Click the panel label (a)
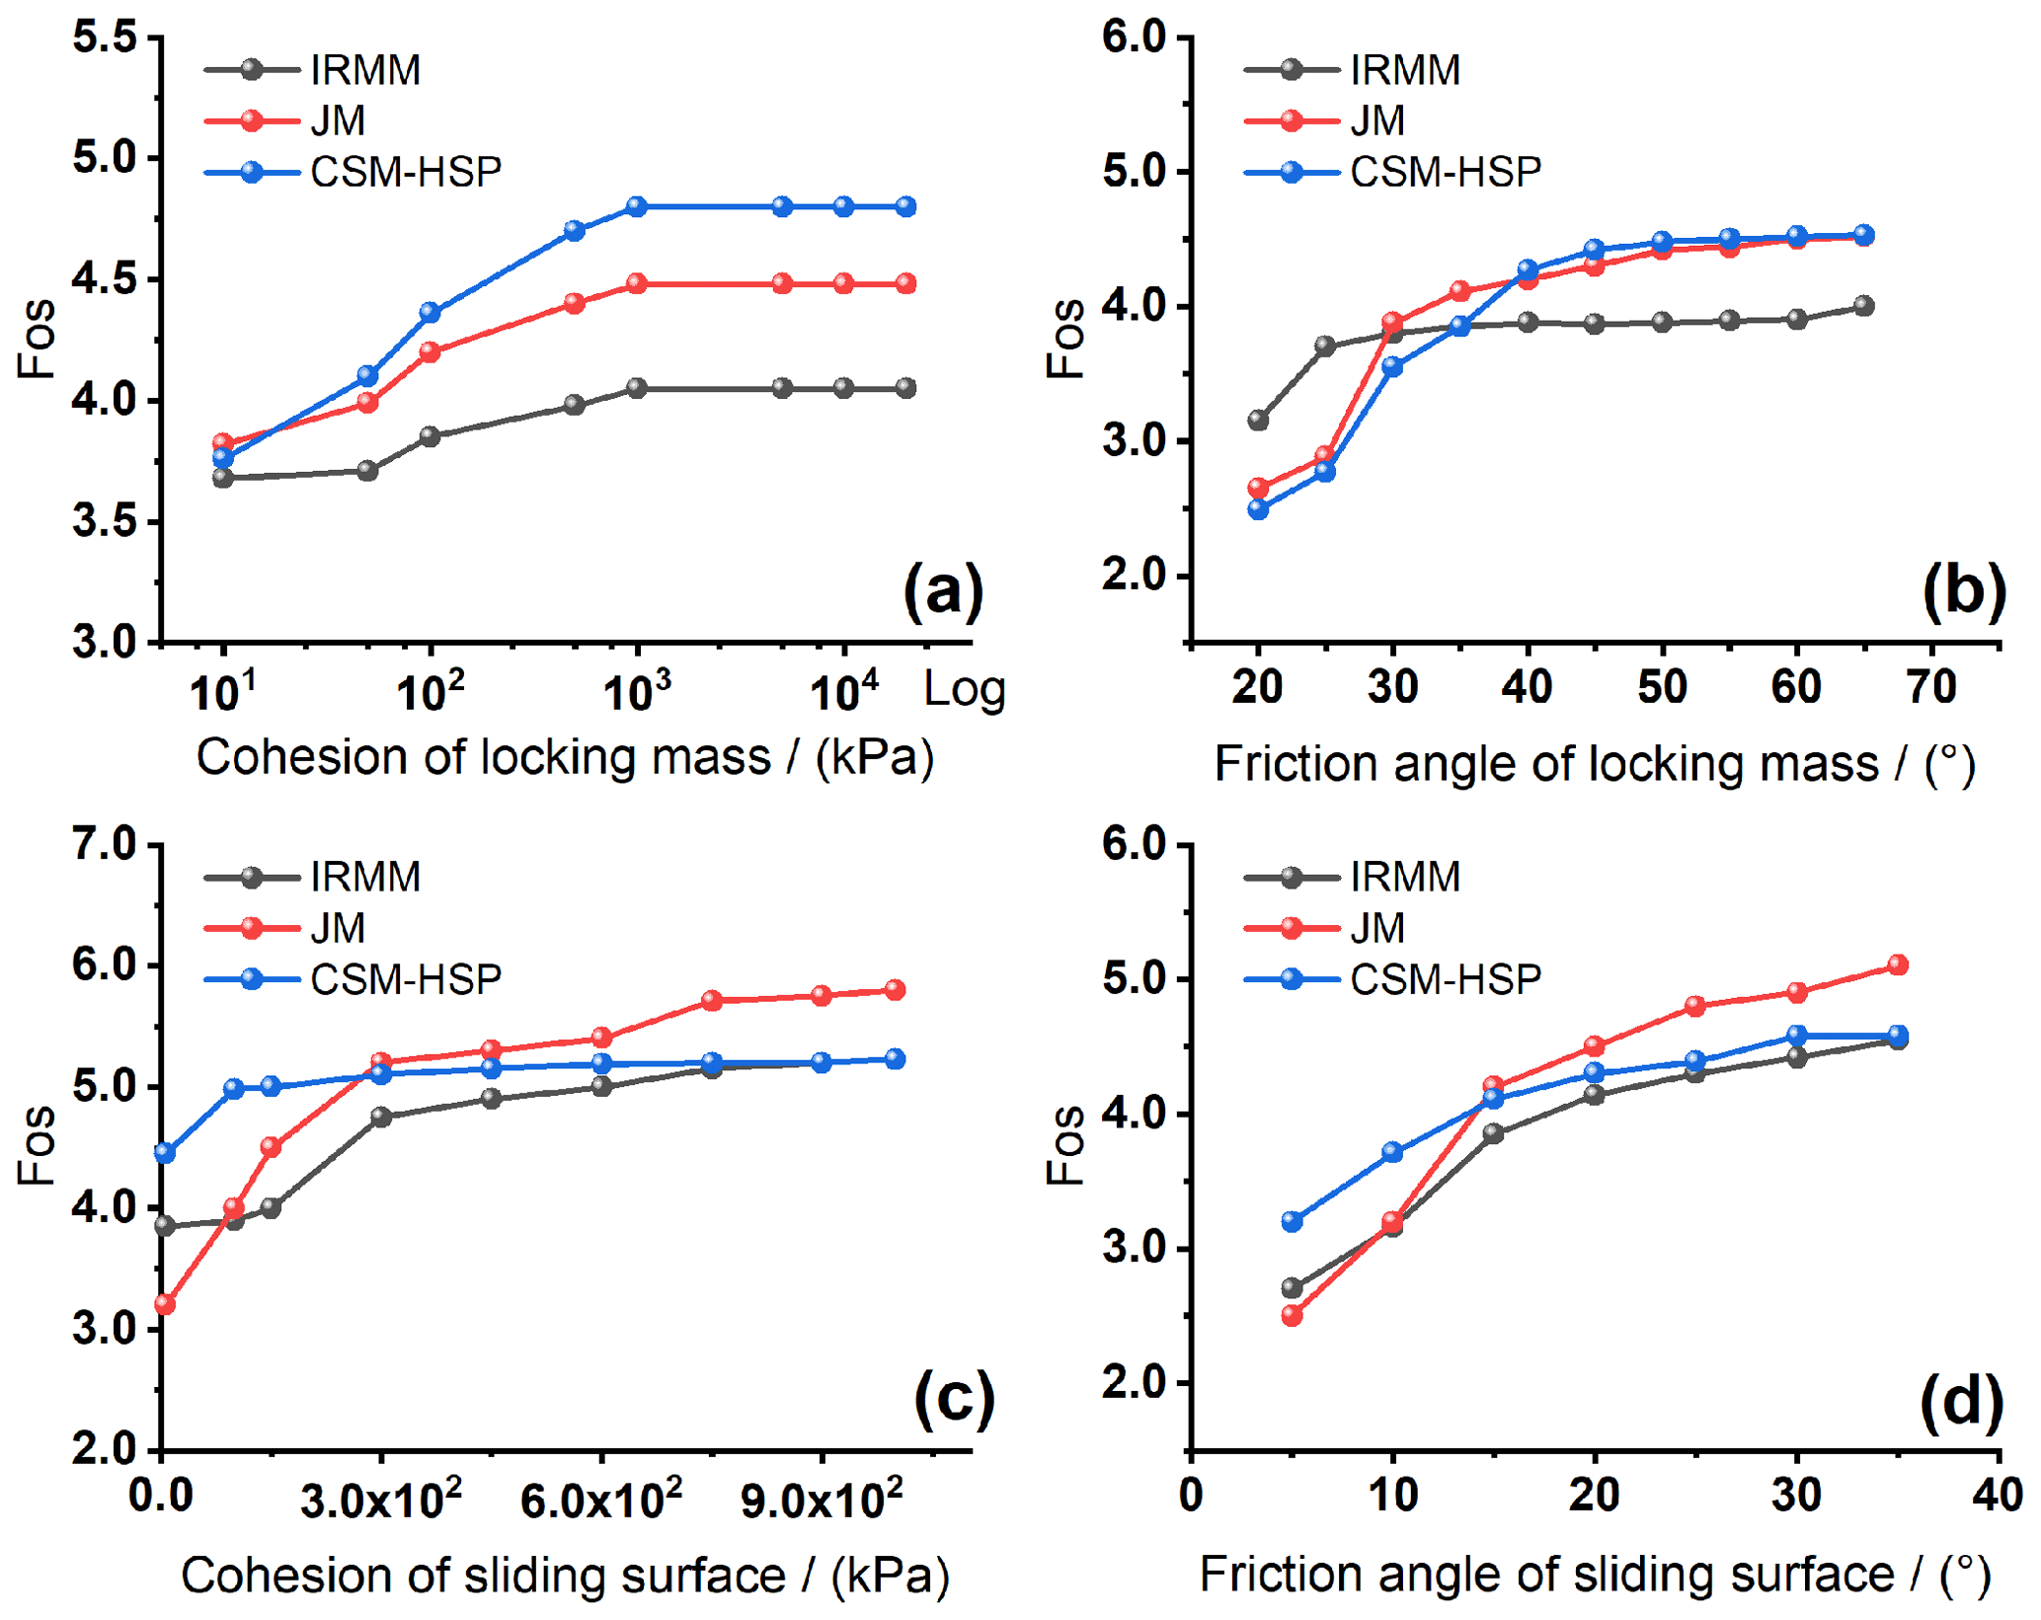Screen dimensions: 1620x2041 click(x=943, y=591)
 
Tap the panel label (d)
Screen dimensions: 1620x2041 click(x=1961, y=1402)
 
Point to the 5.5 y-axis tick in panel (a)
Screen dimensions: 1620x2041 click(x=105, y=39)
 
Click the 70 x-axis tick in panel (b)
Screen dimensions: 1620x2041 click(x=1931, y=687)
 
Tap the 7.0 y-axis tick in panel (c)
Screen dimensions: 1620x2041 click(x=105, y=845)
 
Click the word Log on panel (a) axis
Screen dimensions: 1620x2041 click(x=964, y=690)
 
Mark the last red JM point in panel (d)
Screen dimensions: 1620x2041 click(x=1897, y=965)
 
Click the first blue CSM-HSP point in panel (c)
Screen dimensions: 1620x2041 click(x=165, y=1153)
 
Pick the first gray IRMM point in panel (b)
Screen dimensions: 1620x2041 click(x=1258, y=421)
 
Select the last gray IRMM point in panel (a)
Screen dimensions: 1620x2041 click(x=905, y=389)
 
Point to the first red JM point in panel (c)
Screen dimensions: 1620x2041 click(x=165, y=1305)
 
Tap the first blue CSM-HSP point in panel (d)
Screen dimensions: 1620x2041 click(x=1292, y=1222)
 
